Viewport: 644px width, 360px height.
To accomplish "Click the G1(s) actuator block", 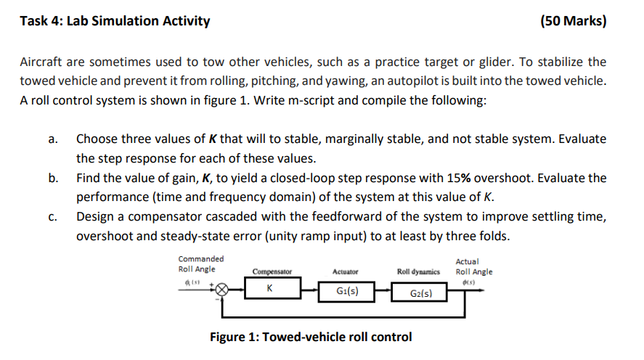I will [346, 292].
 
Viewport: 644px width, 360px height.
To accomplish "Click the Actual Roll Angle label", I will [473, 266].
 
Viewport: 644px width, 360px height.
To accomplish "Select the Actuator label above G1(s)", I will [345, 271].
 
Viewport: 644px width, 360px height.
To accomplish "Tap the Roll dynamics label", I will [418, 271].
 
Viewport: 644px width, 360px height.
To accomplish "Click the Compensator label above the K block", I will [272, 271].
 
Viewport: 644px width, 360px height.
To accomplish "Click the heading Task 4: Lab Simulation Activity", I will [115, 21].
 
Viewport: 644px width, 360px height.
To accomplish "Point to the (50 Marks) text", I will [574, 21].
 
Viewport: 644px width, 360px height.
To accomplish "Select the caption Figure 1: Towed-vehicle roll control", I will [310, 337].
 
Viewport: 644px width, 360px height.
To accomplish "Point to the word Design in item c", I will [97, 217].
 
